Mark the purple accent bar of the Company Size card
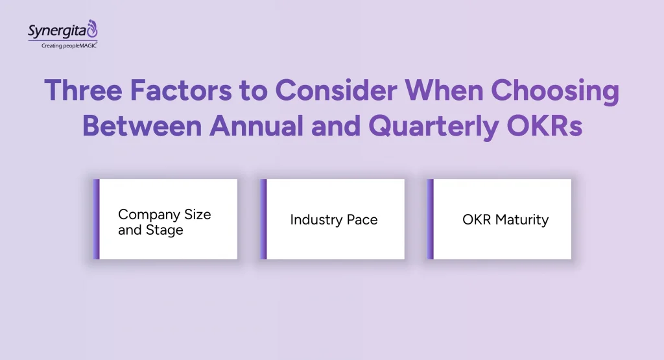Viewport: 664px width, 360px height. pos(96,219)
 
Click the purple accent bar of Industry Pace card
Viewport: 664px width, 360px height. pos(263,219)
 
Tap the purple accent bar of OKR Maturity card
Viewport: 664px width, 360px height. pos(430,219)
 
